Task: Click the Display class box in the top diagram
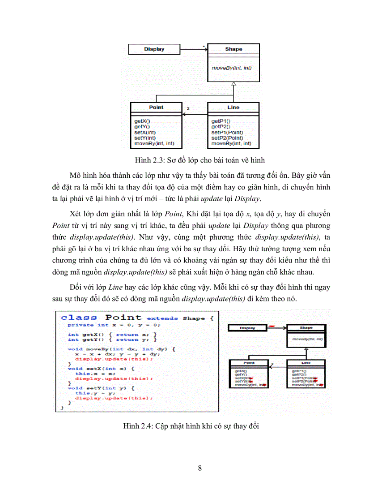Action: tap(154, 49)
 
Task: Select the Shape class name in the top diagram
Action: tap(233, 49)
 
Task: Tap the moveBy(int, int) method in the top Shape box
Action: tap(231, 68)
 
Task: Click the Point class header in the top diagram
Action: tap(156, 107)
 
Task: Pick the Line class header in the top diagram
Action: tap(233, 107)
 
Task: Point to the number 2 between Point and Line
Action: tap(188, 108)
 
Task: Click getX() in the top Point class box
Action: tap(142, 121)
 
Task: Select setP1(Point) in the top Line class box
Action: tap(227, 133)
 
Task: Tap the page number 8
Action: tap(199, 469)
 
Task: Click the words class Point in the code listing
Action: tap(101, 318)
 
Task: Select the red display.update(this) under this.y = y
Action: tap(114, 398)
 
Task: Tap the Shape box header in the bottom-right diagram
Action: tap(306, 328)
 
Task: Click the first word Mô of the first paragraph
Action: tap(76, 175)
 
